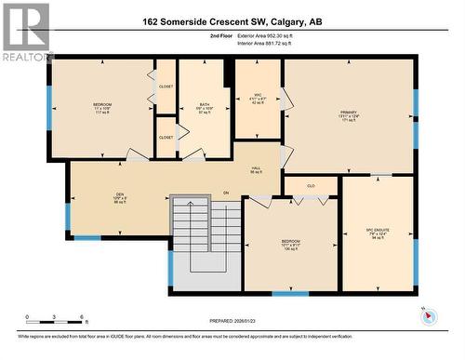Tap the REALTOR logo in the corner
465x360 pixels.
25,32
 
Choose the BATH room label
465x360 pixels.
205,107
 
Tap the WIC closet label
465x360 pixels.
258,99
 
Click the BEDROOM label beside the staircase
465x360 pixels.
290,244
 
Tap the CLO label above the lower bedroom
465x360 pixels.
311,186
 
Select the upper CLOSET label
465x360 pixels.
166,87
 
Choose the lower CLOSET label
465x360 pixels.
166,137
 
